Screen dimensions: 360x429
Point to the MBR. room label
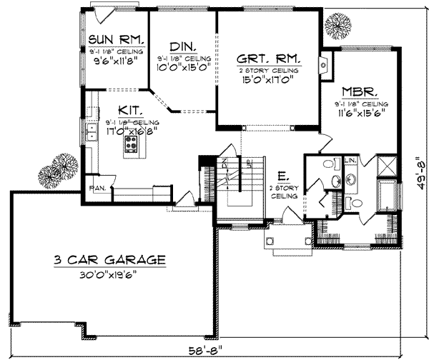(x=359, y=92)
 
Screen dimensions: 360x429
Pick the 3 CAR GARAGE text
(x=111, y=260)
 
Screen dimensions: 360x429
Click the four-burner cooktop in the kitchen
(x=131, y=146)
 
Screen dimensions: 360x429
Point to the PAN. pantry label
(x=97, y=189)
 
